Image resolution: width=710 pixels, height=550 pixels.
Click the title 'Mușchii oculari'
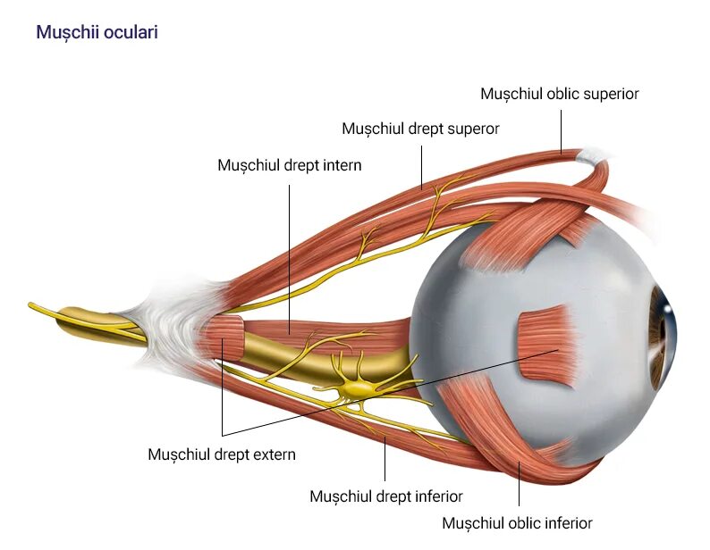tap(97, 32)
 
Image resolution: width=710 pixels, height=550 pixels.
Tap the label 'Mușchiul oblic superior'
tap(559, 93)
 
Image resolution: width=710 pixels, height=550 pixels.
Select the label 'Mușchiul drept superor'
tap(420, 129)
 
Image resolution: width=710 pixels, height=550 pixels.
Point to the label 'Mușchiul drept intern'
tap(290, 165)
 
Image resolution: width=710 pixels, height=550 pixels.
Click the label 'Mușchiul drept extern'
tap(221, 454)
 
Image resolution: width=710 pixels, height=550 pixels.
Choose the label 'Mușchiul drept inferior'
tap(385, 496)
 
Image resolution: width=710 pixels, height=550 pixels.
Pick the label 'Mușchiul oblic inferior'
tap(517, 522)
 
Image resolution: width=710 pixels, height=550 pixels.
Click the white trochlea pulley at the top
tap(593, 157)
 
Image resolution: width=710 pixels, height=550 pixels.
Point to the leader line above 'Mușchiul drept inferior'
tap(385, 460)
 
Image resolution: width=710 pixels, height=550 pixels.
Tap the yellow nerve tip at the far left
tap(34, 306)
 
